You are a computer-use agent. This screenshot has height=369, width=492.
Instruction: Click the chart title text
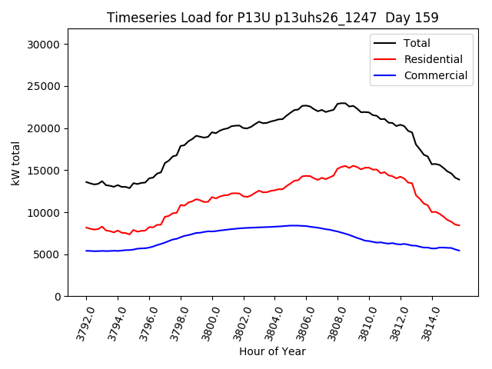[x=271, y=18]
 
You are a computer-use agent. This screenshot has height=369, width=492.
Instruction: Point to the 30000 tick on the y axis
[x=45, y=45]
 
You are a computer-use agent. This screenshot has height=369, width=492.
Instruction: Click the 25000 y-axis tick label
[x=45, y=86]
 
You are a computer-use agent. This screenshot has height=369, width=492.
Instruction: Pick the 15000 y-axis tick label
[x=45, y=171]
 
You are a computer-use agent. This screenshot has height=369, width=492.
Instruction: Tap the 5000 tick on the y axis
[x=48, y=254]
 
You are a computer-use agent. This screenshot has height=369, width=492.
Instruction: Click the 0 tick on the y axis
[x=58, y=297]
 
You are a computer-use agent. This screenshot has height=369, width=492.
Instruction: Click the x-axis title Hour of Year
[x=272, y=352]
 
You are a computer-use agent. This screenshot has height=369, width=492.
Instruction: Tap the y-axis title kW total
[x=15, y=163]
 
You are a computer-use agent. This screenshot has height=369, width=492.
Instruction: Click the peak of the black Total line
[x=342, y=103]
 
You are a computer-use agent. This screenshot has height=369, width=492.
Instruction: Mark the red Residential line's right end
[x=459, y=225]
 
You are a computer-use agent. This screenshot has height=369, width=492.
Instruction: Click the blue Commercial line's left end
[x=86, y=251]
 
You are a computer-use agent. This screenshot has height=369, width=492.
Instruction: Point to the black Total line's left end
[x=86, y=182]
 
